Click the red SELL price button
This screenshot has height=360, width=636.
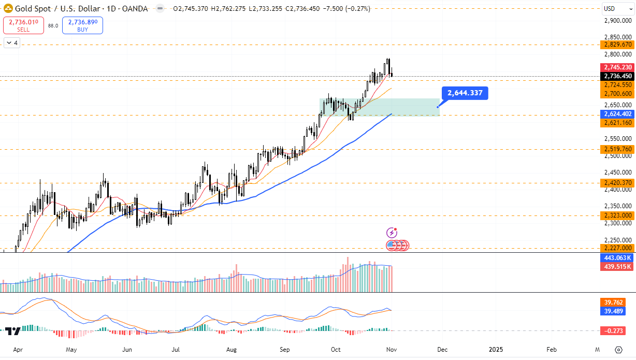tap(23, 25)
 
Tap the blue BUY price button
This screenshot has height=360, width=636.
tap(82, 25)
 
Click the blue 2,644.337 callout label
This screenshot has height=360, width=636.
tap(465, 93)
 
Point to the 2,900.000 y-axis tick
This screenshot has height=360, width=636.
tap(618, 20)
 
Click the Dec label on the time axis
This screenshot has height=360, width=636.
tap(442, 350)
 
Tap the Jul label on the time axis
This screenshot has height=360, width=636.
tap(176, 350)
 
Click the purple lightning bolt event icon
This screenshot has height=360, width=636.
tap(392, 233)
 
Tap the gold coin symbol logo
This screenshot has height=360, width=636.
tap(8, 9)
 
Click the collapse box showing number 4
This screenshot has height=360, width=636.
tap(12, 43)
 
